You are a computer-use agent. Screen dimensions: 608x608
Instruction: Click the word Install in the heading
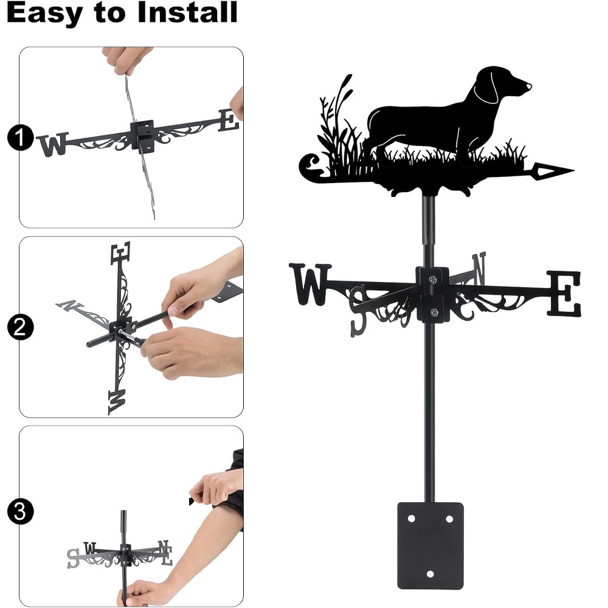(x=187, y=12)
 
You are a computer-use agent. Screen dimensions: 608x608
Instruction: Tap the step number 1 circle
(x=19, y=137)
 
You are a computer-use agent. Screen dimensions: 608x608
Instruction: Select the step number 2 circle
(x=19, y=328)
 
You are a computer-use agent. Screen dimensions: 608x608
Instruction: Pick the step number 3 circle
(x=19, y=512)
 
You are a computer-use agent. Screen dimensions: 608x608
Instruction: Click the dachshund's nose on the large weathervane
(x=528, y=86)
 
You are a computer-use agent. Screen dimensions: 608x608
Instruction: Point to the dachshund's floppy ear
(x=486, y=87)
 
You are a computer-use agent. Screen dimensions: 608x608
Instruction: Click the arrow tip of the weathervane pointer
(x=573, y=170)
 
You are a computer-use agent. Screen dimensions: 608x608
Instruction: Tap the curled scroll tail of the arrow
(x=310, y=167)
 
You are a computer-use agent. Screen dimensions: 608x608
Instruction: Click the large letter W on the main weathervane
(x=311, y=285)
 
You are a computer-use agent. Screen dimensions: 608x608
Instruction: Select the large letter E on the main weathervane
(x=565, y=293)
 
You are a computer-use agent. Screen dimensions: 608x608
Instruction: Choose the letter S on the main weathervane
(x=359, y=311)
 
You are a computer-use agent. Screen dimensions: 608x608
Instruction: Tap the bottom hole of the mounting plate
(x=430, y=574)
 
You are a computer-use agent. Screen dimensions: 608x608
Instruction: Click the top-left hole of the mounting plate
(x=411, y=519)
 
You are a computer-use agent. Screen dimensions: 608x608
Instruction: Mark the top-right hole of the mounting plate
(x=449, y=519)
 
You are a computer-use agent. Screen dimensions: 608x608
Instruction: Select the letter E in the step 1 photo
(x=229, y=120)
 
